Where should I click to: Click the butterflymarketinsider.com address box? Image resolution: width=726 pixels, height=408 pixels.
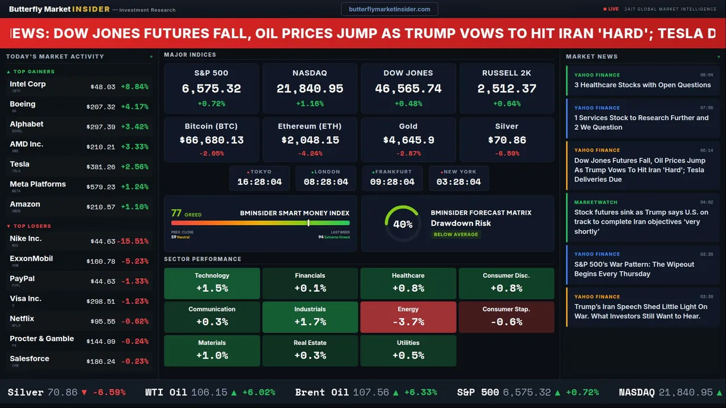tap(389, 9)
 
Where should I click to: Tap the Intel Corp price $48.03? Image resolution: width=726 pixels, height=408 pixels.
tap(103, 87)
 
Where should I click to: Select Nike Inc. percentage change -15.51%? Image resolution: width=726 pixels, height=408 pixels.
tap(133, 241)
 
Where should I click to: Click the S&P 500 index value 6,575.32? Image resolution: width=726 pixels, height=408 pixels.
tap(211, 89)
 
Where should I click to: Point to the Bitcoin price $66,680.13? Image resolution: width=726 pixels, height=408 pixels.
tap(211, 140)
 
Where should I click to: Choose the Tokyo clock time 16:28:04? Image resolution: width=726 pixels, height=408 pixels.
tap(259, 182)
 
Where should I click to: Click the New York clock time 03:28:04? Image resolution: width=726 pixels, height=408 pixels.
tap(458, 182)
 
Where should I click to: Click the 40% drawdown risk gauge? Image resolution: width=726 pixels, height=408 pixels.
tap(403, 224)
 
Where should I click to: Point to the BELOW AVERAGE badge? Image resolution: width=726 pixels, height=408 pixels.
tap(455, 235)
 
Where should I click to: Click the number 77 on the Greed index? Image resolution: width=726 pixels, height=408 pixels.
tap(176, 213)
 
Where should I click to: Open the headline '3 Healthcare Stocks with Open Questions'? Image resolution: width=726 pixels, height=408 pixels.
tap(642, 85)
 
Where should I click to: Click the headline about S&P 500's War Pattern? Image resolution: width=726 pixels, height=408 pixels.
tap(634, 269)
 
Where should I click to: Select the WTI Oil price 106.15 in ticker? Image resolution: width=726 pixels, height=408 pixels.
tap(209, 392)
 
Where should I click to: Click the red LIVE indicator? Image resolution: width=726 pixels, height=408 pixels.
tap(611, 9)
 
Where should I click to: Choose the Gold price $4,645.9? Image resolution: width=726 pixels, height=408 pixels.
tap(408, 140)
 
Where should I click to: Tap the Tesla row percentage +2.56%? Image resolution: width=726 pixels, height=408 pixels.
tap(135, 167)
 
